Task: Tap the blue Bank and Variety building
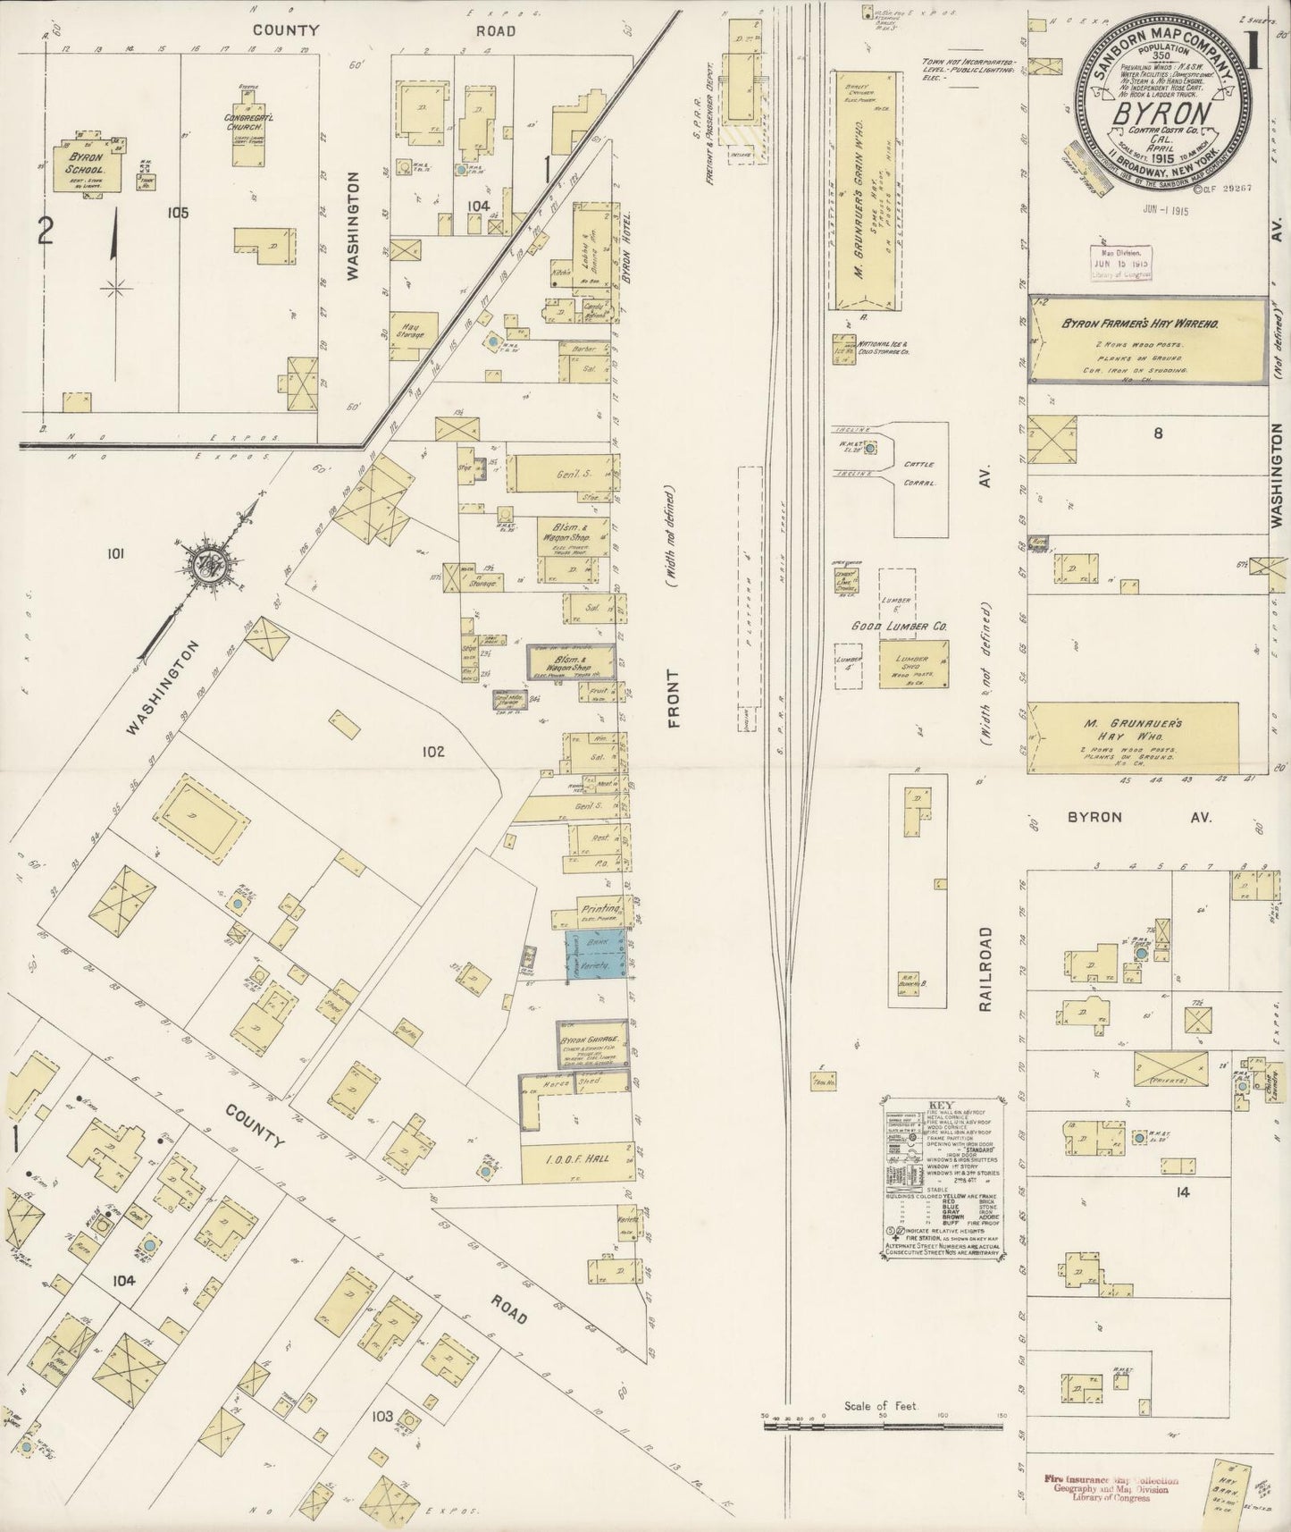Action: [x=593, y=955]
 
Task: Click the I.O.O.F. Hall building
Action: [x=577, y=1158]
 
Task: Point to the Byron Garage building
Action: [x=591, y=1043]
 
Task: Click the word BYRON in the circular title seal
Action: [x=1161, y=114]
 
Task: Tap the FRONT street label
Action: [x=674, y=698]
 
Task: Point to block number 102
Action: [x=433, y=752]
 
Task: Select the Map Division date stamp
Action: [x=1119, y=265]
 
